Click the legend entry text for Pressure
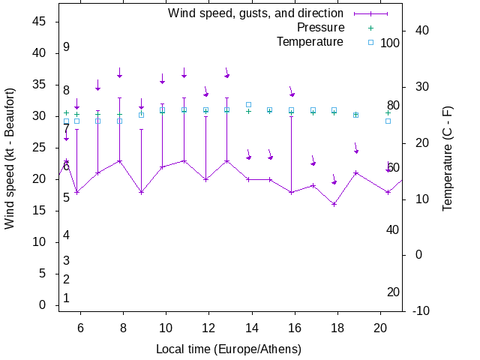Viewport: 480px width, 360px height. (x=320, y=28)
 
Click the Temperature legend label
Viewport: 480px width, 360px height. (x=310, y=41)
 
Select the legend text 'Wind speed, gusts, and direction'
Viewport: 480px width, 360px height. (x=255, y=13)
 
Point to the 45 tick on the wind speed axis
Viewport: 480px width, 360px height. (x=40, y=22)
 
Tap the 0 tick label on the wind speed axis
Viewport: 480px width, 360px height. (x=43, y=304)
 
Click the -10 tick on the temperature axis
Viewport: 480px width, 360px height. (x=421, y=310)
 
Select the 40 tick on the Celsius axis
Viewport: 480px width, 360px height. (x=421, y=31)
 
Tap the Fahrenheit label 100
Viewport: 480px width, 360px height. (x=390, y=43)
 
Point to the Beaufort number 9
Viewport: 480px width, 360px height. (x=66, y=47)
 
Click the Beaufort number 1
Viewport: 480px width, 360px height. (x=66, y=298)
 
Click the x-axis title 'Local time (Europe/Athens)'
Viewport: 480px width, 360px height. (x=228, y=349)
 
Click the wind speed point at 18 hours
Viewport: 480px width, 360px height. (x=334, y=204)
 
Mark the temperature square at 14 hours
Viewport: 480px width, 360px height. (x=249, y=105)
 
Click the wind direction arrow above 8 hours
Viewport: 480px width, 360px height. (x=119, y=73)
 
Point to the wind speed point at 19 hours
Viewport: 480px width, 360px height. (x=355, y=172)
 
